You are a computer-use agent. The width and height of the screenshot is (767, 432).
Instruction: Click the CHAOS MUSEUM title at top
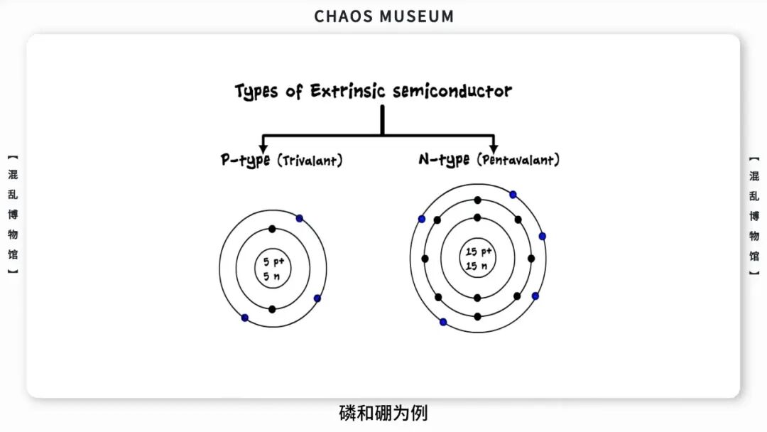coord(383,16)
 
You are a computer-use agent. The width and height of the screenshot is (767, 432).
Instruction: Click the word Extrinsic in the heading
coord(347,91)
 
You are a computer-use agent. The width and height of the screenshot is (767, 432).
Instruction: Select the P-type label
coord(245,161)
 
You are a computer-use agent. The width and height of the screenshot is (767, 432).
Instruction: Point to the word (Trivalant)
coord(310,161)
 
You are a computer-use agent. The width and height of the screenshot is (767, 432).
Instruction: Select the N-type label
coord(444,160)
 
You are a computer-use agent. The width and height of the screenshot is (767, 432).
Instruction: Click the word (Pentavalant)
coord(518,160)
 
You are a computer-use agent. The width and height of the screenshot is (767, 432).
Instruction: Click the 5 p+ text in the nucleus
coord(273,261)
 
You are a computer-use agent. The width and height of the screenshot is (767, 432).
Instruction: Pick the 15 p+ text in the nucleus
coord(479,252)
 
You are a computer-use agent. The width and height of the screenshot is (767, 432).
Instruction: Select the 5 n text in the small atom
coord(271,276)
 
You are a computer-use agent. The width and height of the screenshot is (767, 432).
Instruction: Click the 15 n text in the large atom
coord(476,266)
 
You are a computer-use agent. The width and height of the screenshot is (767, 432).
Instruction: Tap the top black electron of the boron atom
coord(272,229)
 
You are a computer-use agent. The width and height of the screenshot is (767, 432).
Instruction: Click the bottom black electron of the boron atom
coord(272,309)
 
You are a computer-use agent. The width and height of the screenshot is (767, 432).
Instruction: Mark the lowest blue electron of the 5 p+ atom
coord(245,318)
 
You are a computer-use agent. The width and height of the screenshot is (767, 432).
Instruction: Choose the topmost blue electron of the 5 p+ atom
coord(300,218)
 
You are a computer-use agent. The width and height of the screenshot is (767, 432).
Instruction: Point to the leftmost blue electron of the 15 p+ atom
coord(422,219)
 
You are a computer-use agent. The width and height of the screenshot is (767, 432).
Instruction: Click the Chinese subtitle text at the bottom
coord(383,413)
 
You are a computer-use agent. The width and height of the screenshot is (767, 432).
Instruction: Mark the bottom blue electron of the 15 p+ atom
coord(443,322)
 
